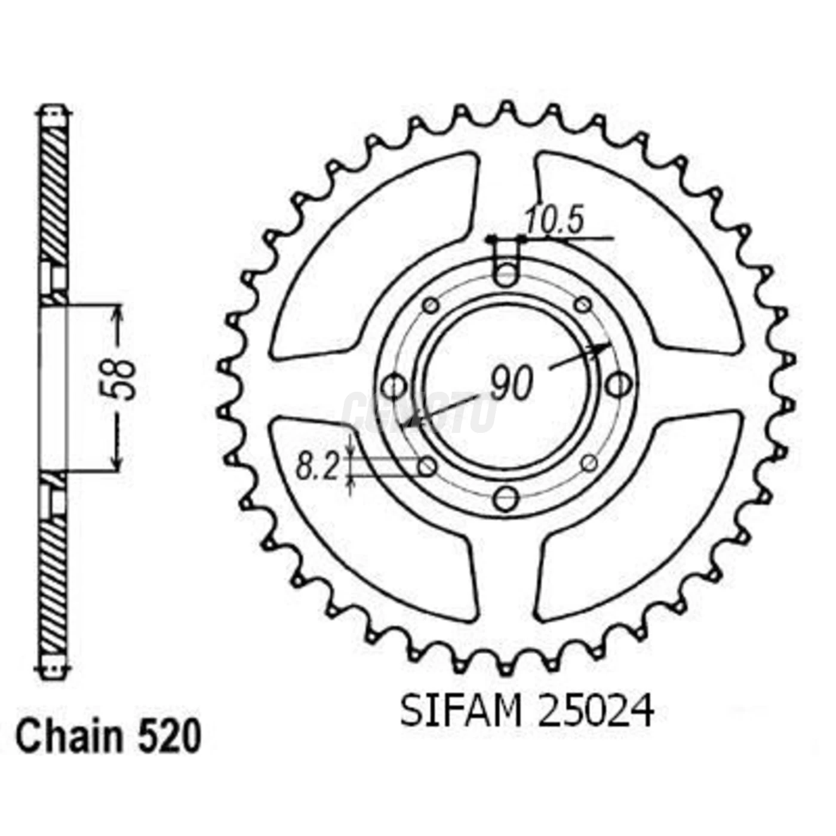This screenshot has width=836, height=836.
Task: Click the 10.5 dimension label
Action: [x=553, y=222]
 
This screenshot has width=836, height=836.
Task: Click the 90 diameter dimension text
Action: [x=511, y=384]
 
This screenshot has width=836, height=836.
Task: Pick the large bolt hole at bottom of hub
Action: [x=506, y=499]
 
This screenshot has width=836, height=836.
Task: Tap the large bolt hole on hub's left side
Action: [x=394, y=385]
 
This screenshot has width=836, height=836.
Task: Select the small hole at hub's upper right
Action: [x=582, y=305]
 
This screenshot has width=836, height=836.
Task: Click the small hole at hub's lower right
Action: [x=589, y=462]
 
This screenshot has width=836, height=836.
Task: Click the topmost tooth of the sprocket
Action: [x=506, y=108]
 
